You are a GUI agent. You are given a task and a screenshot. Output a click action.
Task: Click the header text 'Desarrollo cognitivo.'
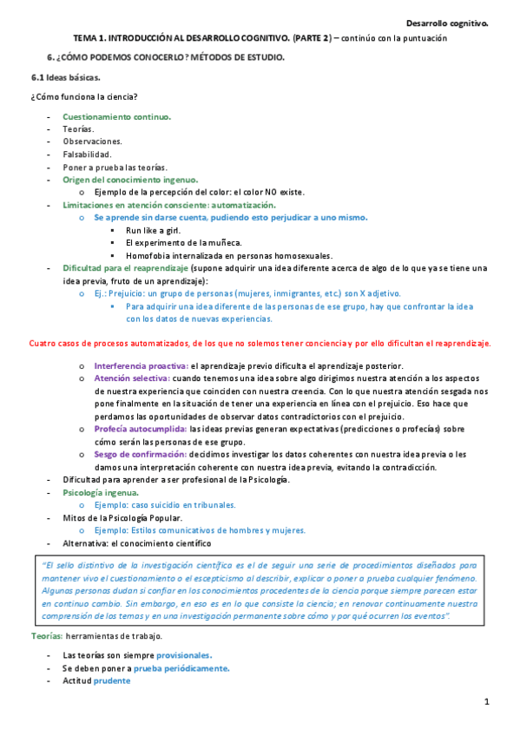[447, 24]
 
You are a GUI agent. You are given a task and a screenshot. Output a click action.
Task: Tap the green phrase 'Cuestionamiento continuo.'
[116, 116]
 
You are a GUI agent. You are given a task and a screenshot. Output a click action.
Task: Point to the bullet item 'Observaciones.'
[92, 141]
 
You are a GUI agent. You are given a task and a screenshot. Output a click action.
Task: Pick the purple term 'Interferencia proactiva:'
[141, 366]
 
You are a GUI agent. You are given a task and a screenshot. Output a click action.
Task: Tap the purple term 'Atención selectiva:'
[132, 379]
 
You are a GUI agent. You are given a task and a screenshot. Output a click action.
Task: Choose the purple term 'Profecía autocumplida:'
[141, 429]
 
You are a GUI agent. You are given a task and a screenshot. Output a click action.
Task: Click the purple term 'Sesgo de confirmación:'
[140, 454]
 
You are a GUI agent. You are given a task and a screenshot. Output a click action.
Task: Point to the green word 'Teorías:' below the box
[46, 636]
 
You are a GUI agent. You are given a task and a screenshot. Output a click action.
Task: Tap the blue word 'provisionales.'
[184, 655]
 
